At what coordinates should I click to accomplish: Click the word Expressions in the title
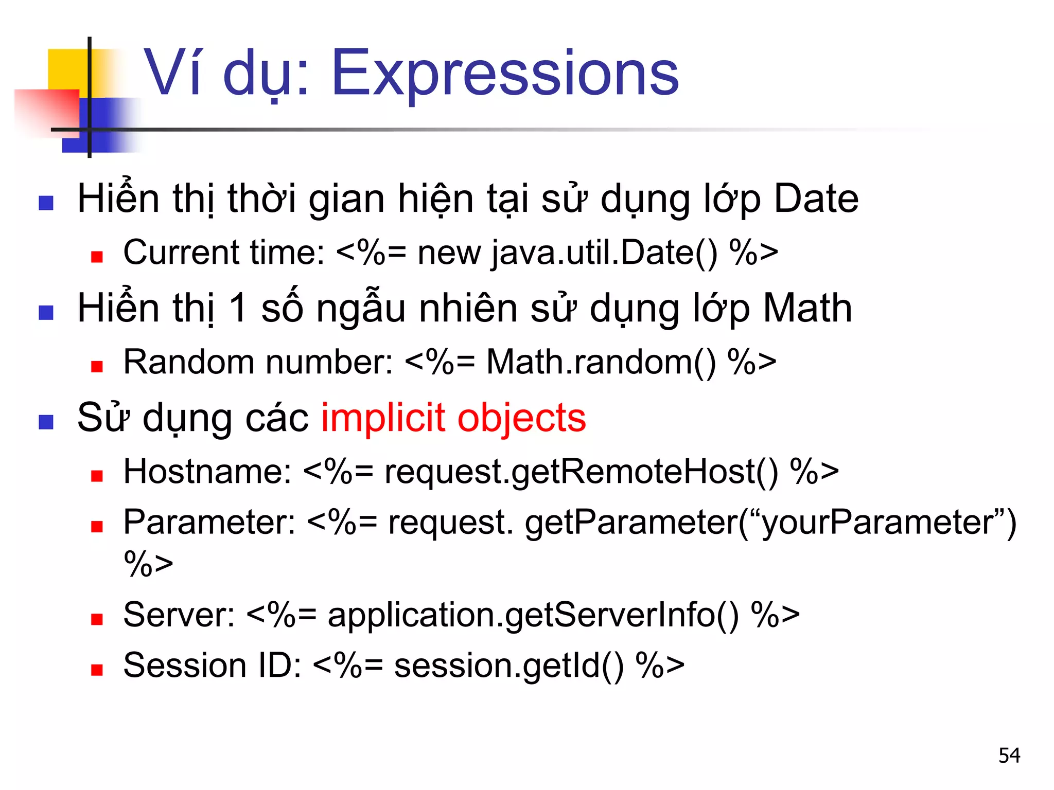coord(505,73)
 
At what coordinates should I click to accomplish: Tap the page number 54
coord(1009,755)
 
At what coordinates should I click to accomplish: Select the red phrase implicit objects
coord(453,418)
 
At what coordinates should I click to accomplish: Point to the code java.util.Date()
coord(604,253)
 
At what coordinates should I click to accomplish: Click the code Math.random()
coord(601,362)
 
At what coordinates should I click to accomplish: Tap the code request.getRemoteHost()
coord(581,472)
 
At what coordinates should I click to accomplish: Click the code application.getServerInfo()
coord(533,615)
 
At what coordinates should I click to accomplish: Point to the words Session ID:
coord(212,666)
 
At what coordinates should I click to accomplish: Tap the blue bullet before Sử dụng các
coord(46,422)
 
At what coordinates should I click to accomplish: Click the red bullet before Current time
coord(97,257)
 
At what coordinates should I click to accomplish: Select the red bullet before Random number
coord(97,366)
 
